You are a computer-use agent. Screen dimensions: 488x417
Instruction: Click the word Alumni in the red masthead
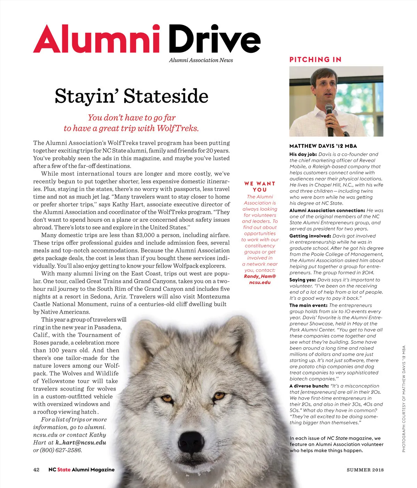point(97,39)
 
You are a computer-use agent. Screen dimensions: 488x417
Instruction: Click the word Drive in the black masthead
point(214,39)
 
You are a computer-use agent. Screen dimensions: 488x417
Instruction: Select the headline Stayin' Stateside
point(131,96)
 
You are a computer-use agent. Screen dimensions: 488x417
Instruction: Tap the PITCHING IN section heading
point(315,60)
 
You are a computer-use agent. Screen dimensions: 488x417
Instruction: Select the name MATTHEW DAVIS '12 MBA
point(323,146)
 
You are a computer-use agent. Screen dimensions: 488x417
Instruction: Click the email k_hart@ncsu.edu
point(81,443)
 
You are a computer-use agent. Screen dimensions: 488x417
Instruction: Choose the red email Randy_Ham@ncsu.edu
point(260,279)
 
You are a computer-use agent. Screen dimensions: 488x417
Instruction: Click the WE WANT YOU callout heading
point(260,187)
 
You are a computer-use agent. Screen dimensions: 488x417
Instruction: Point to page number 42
point(36,470)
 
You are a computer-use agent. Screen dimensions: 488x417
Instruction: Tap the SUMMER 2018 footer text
point(365,470)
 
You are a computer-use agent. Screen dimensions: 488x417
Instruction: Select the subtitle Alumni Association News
point(201,60)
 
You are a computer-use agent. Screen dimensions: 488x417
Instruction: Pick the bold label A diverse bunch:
point(309,386)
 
